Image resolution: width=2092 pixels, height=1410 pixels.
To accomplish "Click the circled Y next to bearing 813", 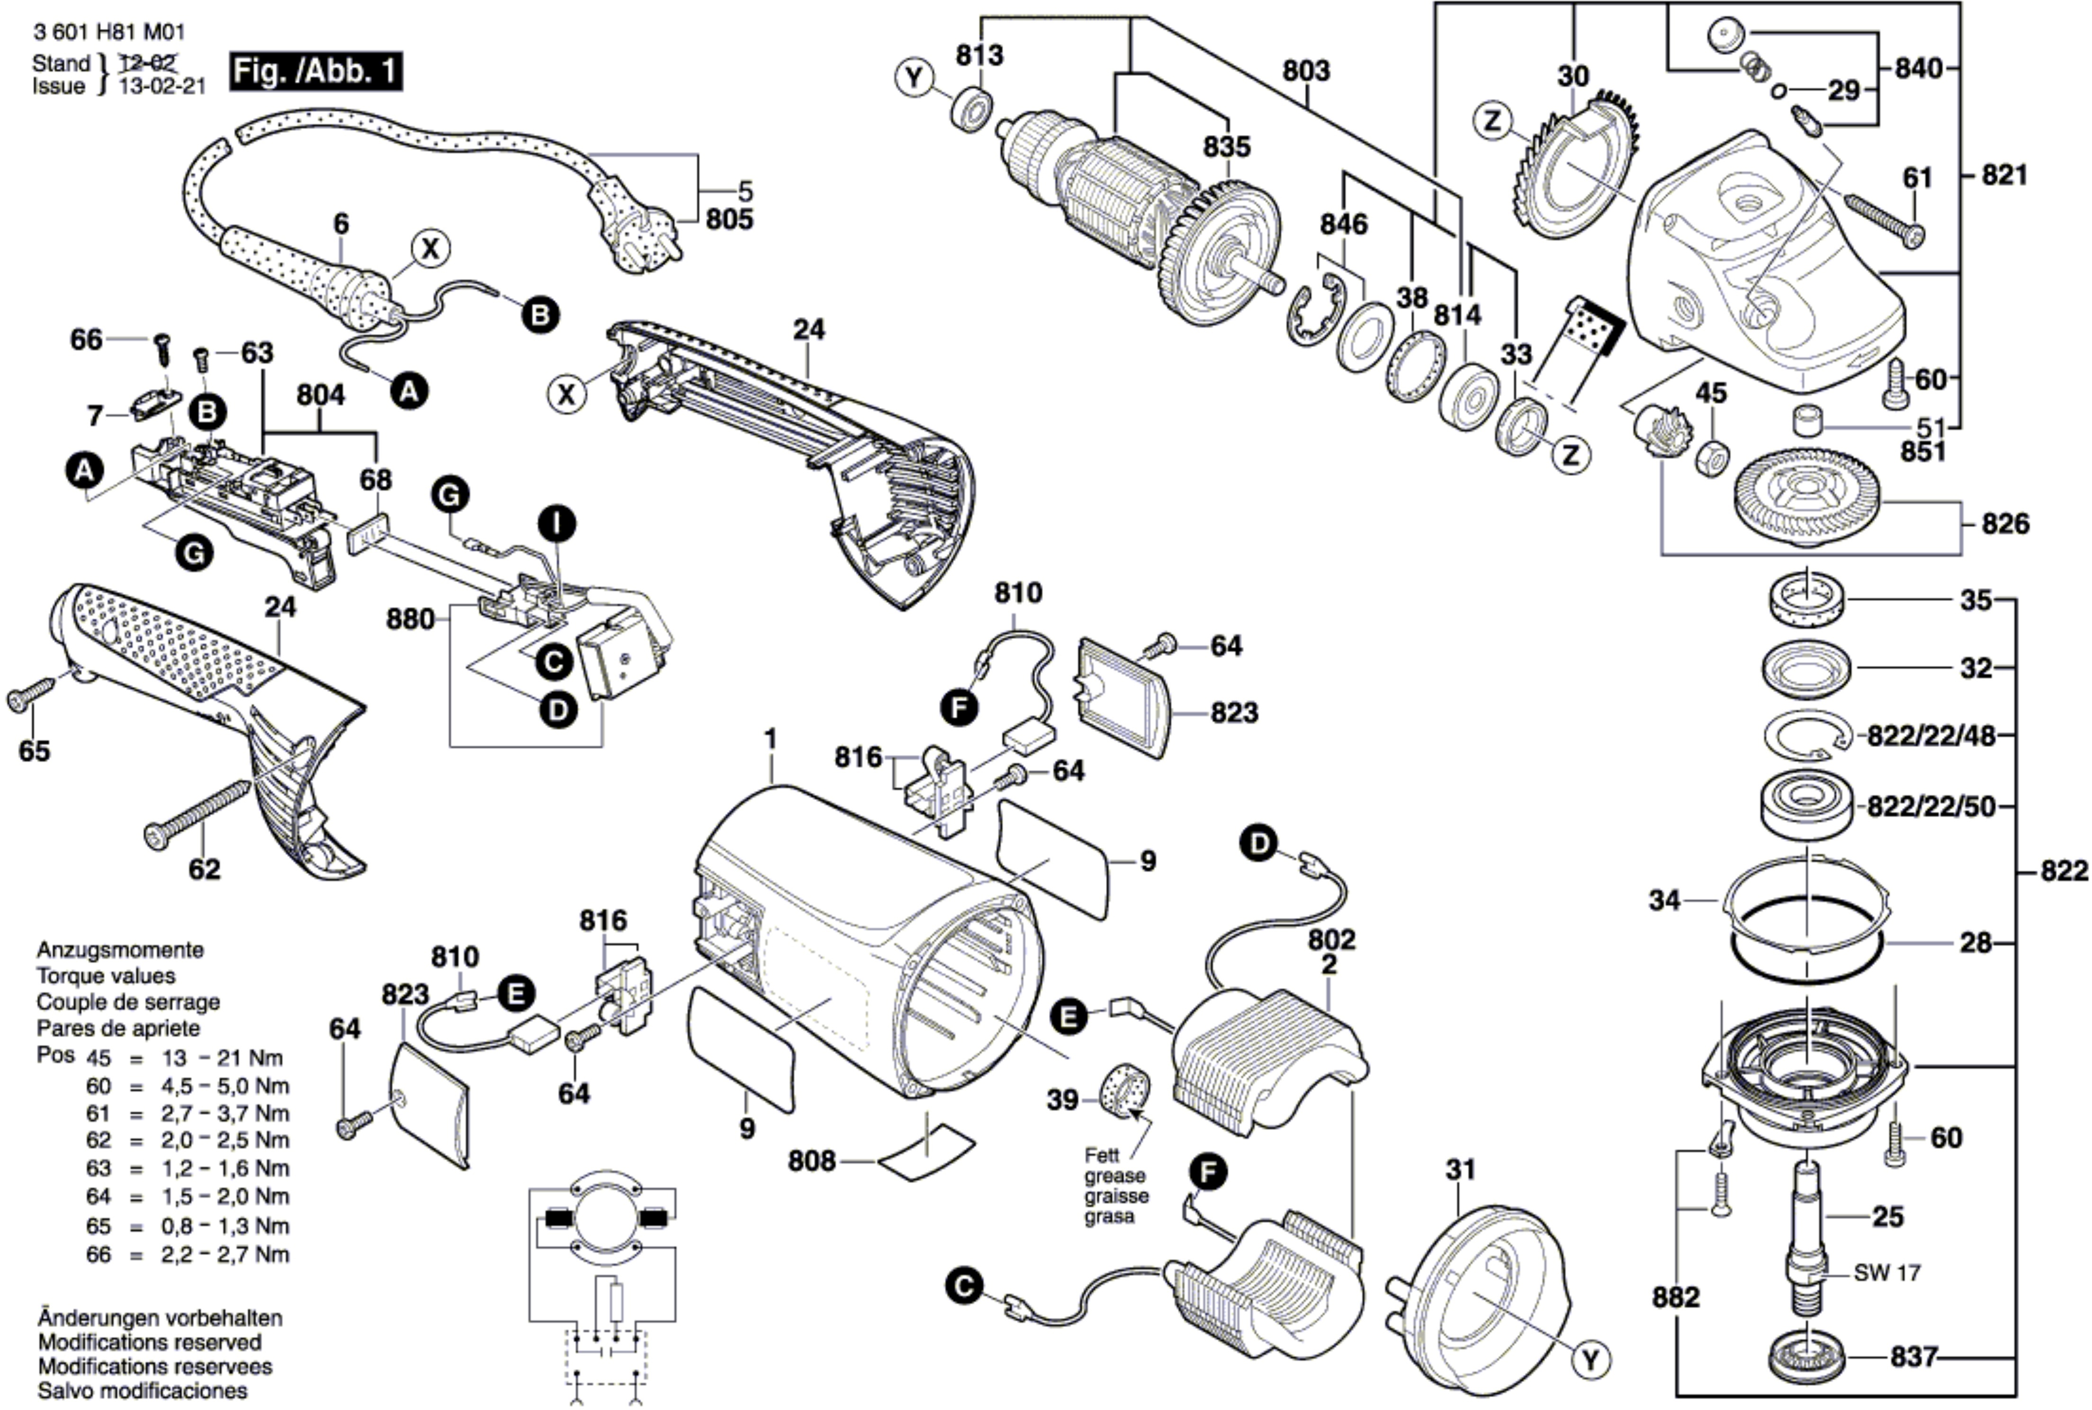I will tap(914, 78).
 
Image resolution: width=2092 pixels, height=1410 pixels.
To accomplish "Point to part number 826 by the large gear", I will tap(2005, 524).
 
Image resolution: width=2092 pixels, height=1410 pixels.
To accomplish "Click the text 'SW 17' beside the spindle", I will tap(1887, 1273).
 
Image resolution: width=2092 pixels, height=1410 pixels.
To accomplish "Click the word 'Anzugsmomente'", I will tap(119, 950).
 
